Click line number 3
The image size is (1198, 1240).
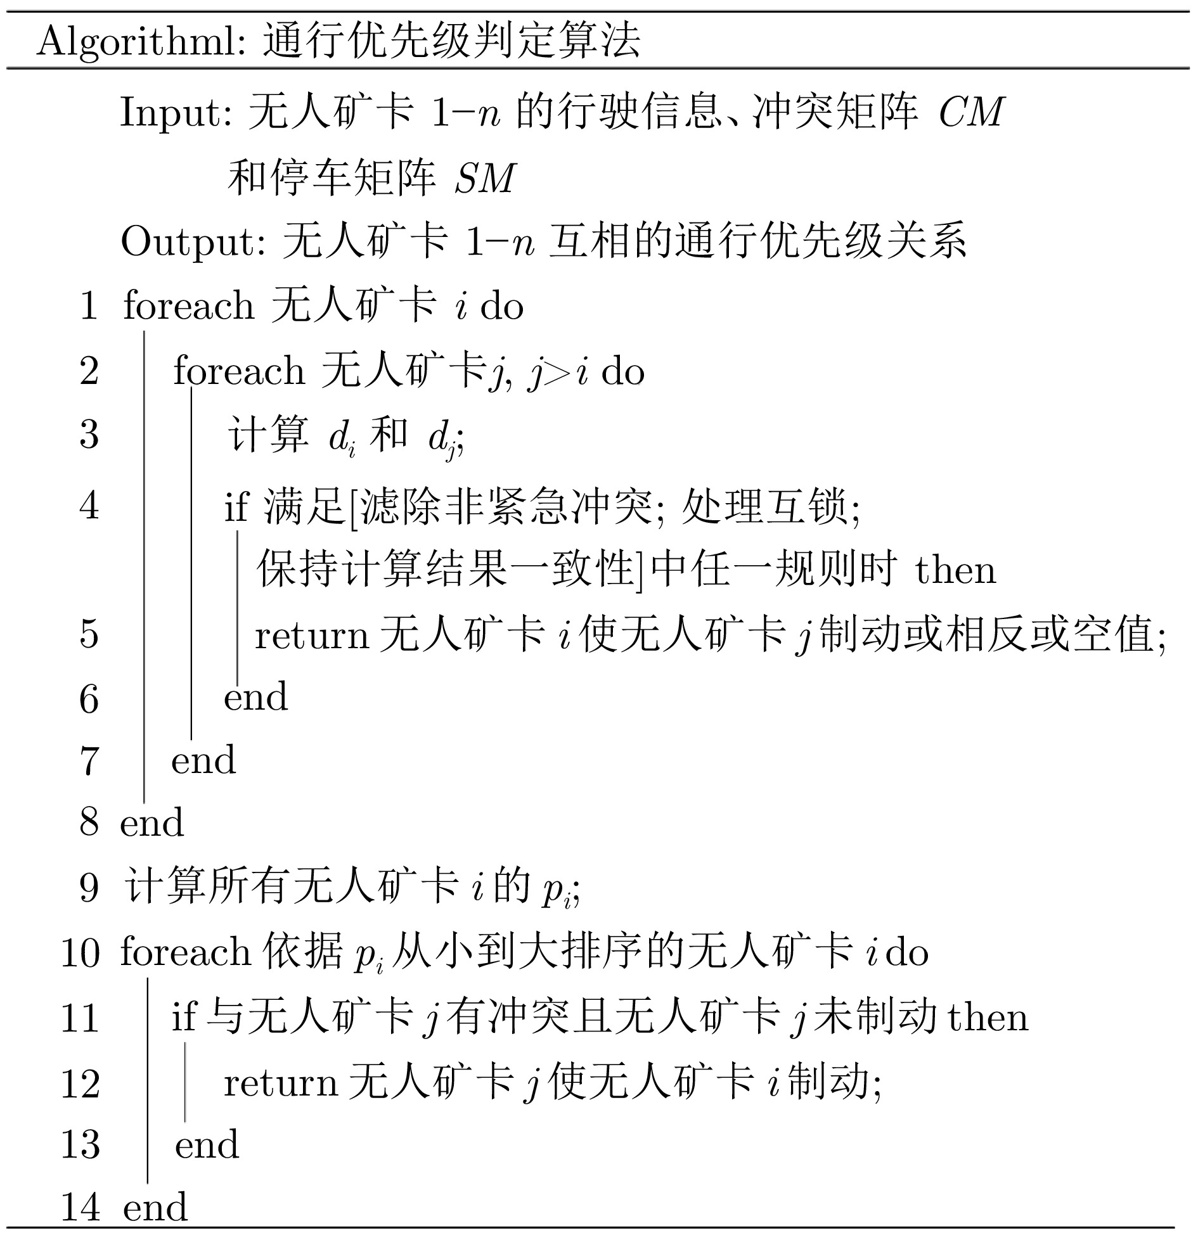coord(89,435)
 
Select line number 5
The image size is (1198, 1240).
coord(89,634)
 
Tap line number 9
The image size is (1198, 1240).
coord(89,887)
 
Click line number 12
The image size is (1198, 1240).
coord(81,1084)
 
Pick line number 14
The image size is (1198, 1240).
coord(81,1207)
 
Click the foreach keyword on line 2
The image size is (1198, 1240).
coord(239,371)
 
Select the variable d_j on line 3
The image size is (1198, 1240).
coord(445,438)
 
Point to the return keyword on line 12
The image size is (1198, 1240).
coord(281,1083)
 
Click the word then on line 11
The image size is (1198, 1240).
coord(988,1018)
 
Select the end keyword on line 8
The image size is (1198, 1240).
coord(152,822)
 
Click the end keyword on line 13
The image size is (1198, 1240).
coord(207,1144)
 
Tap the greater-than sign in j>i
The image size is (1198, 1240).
coord(560,372)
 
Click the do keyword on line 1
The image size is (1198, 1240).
coord(502,306)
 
